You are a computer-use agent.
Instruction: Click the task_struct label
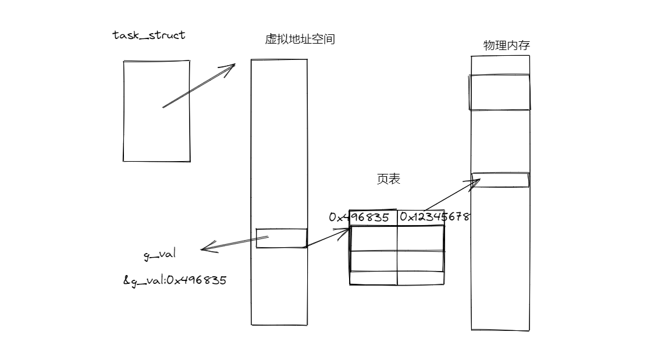tap(149, 35)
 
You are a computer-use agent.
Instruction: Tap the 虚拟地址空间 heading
tap(300, 40)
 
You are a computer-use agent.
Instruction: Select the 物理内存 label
tap(506, 45)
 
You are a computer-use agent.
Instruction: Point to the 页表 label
tap(388, 179)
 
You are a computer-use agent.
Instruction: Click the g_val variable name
tap(159, 255)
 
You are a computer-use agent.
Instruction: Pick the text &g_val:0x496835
tap(175, 280)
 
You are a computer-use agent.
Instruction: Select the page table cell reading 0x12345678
tap(434, 218)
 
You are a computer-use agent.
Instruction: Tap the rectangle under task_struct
tap(157, 111)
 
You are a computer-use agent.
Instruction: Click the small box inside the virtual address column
tap(282, 238)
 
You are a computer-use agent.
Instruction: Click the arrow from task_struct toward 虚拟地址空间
tap(198, 86)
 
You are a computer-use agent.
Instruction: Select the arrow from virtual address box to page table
tap(327, 238)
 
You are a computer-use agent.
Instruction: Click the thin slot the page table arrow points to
tap(500, 180)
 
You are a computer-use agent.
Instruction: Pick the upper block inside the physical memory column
tap(500, 92)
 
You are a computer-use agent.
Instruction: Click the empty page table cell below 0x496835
tap(374, 238)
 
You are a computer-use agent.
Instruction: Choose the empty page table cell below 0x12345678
tap(421, 238)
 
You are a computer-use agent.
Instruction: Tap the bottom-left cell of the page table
tap(374, 278)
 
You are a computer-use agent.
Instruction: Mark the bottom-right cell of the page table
tap(421, 278)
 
